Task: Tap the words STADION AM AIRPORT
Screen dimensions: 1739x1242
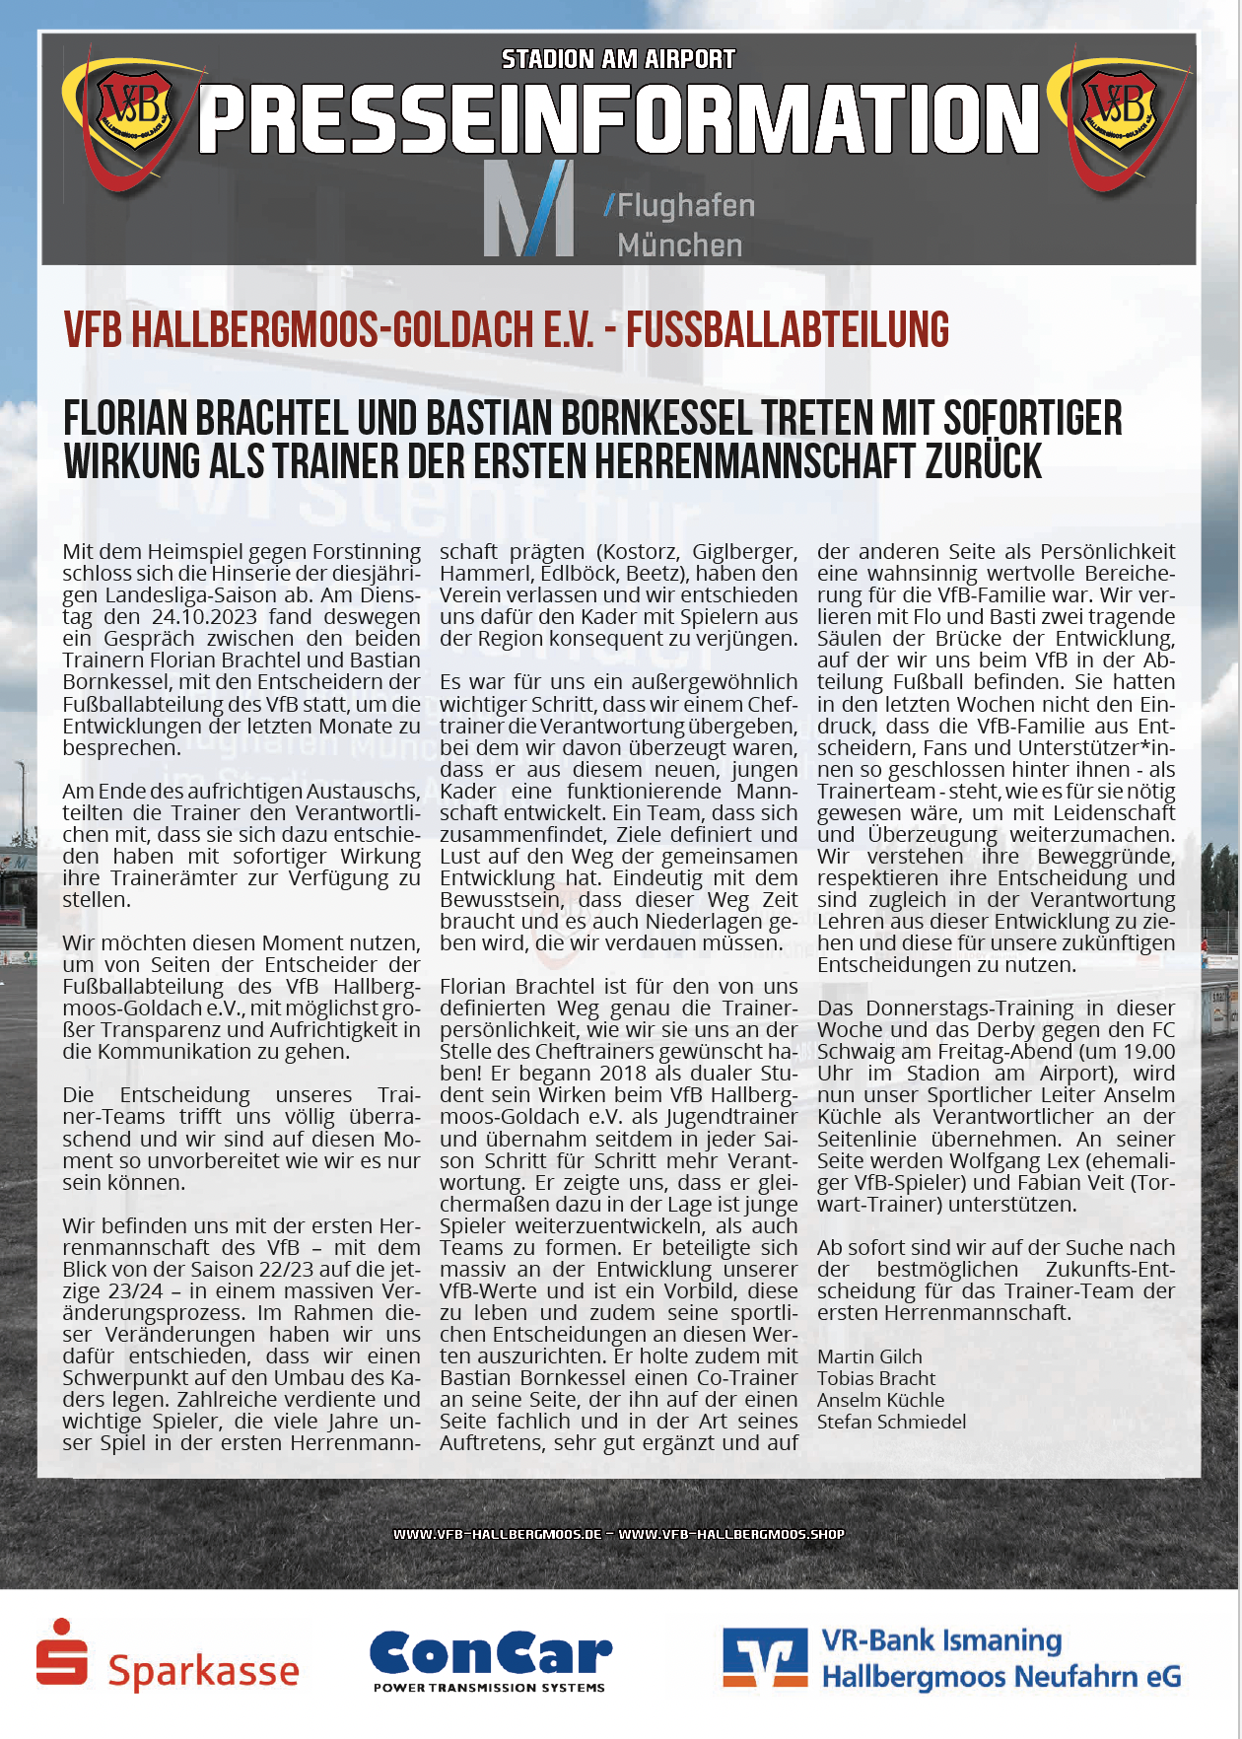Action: pos(618,60)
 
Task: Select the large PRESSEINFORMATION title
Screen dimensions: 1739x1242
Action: pos(618,119)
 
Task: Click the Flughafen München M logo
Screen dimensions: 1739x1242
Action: pos(528,208)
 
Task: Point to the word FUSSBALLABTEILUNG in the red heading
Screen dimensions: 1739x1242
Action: pos(788,330)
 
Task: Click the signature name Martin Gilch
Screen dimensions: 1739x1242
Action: pos(869,1356)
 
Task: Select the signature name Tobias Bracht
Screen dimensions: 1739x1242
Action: pos(876,1378)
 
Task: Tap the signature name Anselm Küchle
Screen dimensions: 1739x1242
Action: pos(880,1400)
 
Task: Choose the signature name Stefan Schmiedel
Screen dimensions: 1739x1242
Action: pos(891,1422)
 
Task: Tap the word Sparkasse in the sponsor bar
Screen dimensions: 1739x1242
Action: pos(203,1671)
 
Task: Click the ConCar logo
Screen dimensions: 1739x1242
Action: pos(490,1659)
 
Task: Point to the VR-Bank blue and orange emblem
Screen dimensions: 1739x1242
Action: pos(765,1658)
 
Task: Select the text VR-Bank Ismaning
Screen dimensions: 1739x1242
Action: pos(941,1640)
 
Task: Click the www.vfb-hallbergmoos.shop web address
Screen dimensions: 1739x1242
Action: pos(731,1534)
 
